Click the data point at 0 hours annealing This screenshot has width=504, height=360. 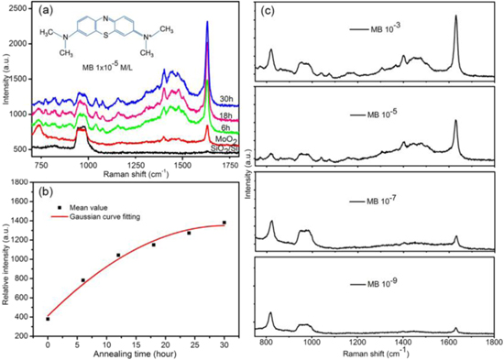[48, 319]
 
